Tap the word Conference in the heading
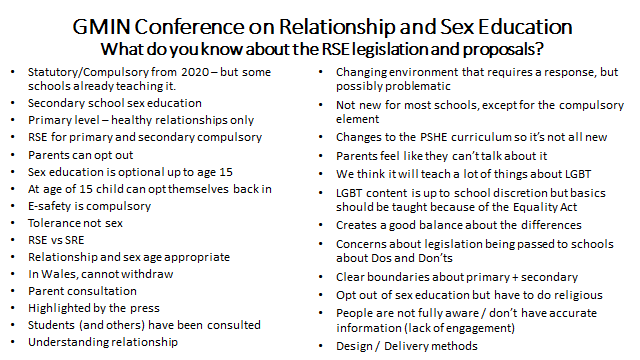tap(240, 22)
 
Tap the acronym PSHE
tap(425, 135)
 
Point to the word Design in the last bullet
tap(353, 346)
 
